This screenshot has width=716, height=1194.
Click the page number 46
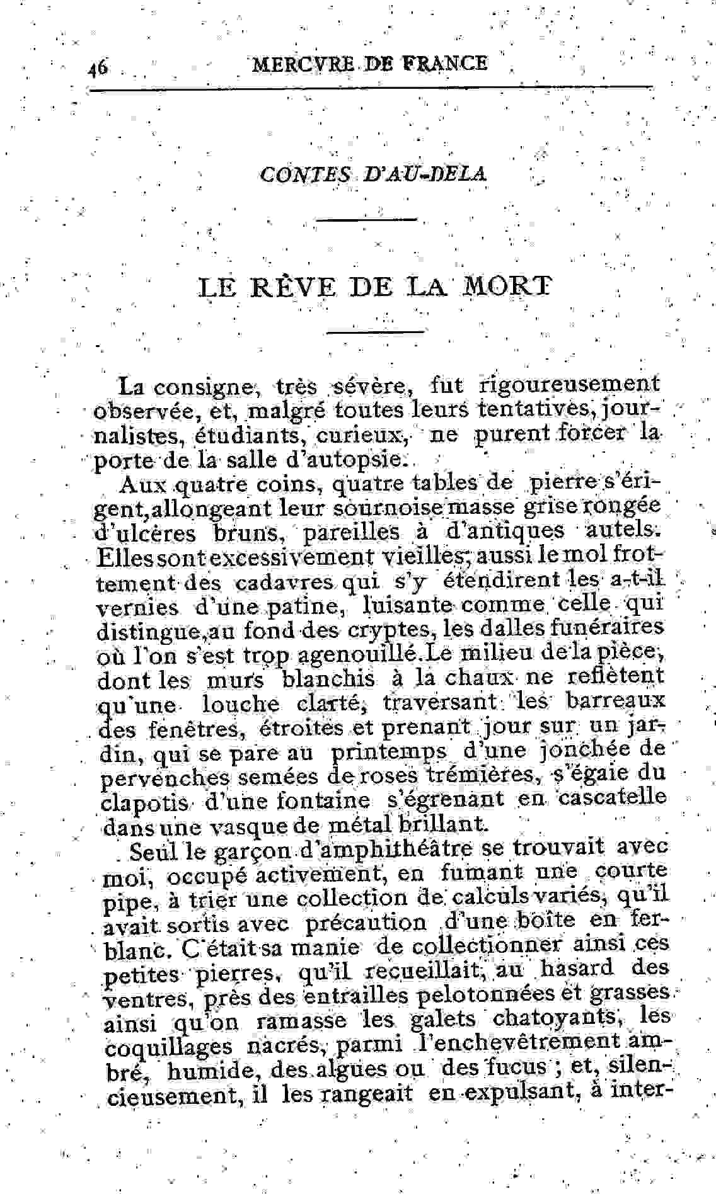point(98,66)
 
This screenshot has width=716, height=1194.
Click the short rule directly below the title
point(376,331)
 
